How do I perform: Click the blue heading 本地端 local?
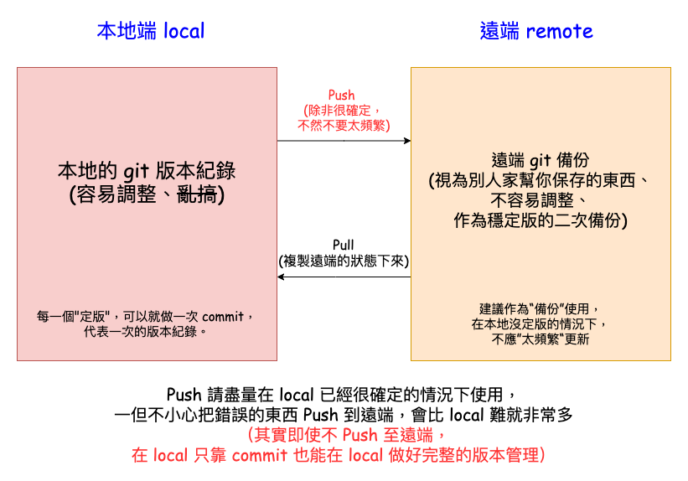(150, 31)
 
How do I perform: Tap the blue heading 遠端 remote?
(536, 31)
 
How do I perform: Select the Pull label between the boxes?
(344, 245)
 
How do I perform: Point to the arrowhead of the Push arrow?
(406, 142)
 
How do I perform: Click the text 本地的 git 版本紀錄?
(147, 171)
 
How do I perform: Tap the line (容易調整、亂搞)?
(147, 194)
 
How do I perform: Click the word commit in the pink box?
(222, 316)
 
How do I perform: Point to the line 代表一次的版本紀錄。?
(145, 331)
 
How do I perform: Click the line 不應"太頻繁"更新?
(540, 339)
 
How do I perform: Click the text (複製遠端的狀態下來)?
(344, 261)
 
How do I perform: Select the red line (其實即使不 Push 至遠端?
(344, 435)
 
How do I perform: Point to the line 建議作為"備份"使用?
(540, 308)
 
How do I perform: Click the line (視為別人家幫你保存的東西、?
(540, 180)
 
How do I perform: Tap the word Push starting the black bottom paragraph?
(183, 394)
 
